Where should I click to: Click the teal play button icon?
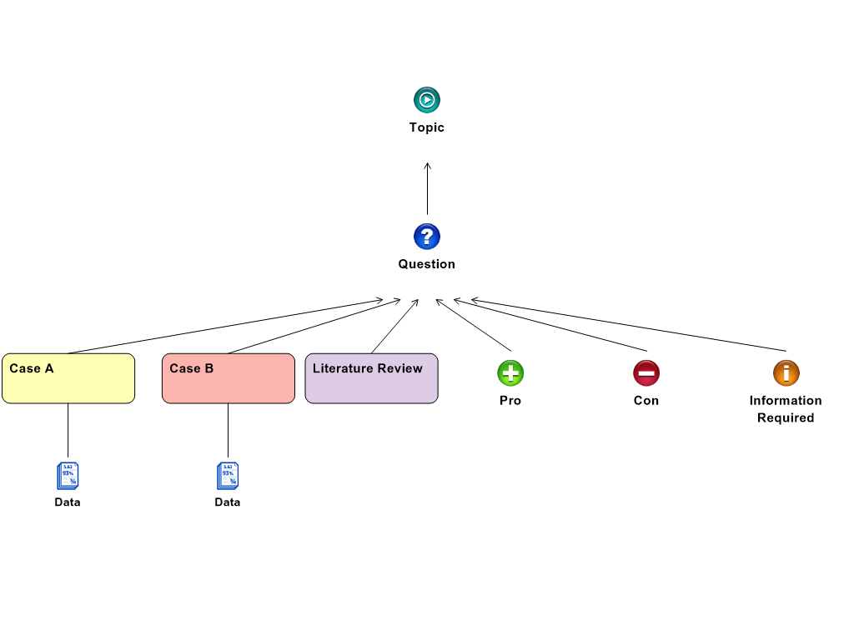pos(427,100)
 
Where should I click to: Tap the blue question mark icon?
pos(427,237)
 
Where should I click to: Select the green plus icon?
pos(510,372)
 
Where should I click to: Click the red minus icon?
pos(646,372)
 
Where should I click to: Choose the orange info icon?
pos(786,372)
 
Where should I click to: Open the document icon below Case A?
pos(68,476)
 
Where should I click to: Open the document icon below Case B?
pos(228,476)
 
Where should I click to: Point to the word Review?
pos(400,368)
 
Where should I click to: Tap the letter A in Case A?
pos(49,368)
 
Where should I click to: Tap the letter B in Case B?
pos(209,368)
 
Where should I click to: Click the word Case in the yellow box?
pos(23,368)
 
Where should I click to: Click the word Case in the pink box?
pos(183,368)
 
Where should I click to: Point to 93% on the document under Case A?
pos(68,473)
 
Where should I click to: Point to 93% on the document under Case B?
pos(228,473)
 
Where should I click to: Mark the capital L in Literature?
pos(317,368)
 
